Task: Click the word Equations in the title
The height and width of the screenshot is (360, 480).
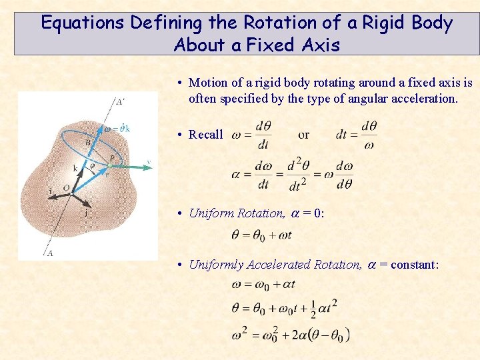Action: [83, 23]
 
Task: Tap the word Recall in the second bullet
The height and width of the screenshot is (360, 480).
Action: [205, 135]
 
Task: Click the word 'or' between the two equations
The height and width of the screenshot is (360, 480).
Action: [303, 135]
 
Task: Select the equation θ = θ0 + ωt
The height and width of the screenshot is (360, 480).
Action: [261, 235]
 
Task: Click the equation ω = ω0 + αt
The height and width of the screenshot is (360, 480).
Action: [263, 285]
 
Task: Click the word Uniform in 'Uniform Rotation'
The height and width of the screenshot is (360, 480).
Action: [211, 213]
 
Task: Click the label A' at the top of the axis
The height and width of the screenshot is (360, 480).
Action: [119, 102]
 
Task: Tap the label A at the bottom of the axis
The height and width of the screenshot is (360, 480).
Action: [50, 253]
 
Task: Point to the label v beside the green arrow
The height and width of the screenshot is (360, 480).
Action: [148, 162]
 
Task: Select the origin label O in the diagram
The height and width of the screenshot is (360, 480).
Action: [66, 189]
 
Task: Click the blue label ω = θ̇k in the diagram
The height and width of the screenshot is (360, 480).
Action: [116, 128]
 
